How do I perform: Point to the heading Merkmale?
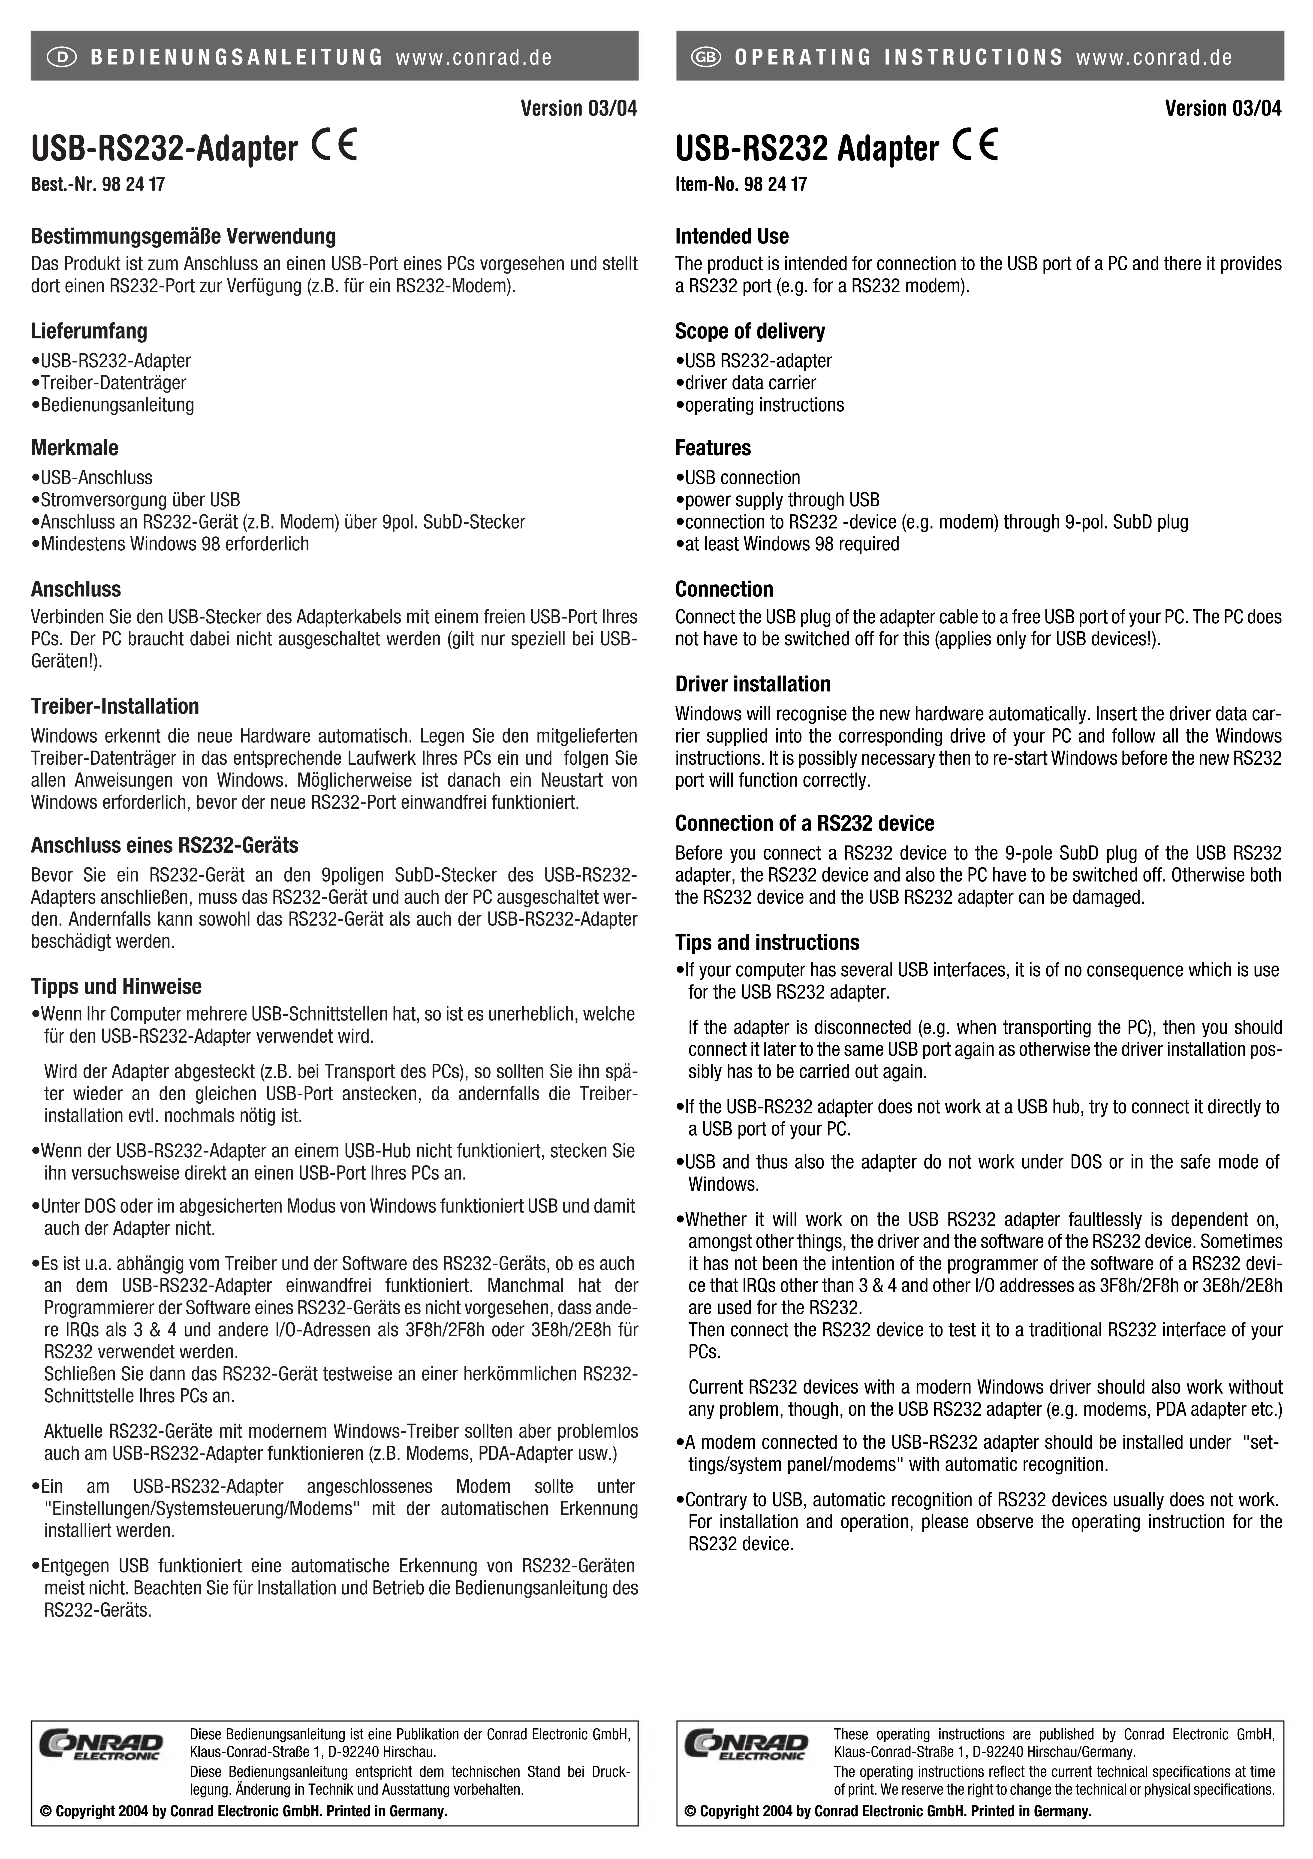click(x=75, y=448)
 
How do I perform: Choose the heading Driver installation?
click(x=753, y=684)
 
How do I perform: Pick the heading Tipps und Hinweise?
click(x=116, y=986)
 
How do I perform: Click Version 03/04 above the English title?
click(x=1223, y=109)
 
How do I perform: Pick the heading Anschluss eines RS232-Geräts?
click(x=164, y=845)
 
